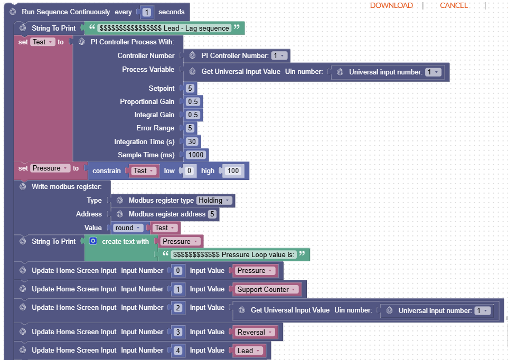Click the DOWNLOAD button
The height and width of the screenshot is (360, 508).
(391, 5)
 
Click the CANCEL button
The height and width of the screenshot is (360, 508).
(454, 5)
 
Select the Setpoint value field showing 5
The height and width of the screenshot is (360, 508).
(190, 88)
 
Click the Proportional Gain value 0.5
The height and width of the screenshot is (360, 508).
(193, 101)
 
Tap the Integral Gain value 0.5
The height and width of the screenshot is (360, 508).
(193, 115)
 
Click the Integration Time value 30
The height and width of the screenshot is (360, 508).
(192, 141)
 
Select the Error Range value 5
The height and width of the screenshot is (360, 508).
(190, 128)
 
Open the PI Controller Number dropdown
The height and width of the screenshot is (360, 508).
(279, 55)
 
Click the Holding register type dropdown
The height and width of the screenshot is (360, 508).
(214, 201)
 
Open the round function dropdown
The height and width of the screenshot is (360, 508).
(128, 228)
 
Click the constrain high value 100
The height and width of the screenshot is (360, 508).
(232, 171)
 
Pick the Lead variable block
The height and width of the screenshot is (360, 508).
(248, 350)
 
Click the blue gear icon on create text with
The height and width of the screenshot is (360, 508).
(93, 241)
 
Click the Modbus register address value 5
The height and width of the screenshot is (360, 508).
(212, 214)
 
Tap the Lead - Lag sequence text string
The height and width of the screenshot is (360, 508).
(164, 28)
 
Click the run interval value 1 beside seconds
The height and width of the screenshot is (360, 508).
(146, 12)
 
